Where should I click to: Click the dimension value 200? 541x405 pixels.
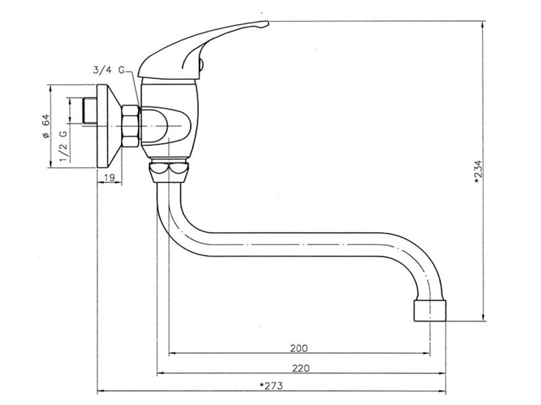(x=299, y=348)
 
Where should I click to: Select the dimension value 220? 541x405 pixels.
(x=301, y=368)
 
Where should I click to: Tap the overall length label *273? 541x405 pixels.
(x=271, y=385)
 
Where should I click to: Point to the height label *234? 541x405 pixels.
(x=477, y=172)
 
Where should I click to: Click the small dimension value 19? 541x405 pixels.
(x=109, y=178)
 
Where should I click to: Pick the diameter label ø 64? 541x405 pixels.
(x=46, y=127)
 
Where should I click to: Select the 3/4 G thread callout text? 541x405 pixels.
(x=108, y=70)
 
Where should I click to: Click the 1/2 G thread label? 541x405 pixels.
(x=64, y=146)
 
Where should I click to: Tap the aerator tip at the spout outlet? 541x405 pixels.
(x=430, y=310)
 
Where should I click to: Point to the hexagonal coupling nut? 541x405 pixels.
(x=130, y=126)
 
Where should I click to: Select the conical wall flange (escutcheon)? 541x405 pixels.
(x=108, y=126)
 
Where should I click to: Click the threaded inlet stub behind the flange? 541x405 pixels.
(x=90, y=111)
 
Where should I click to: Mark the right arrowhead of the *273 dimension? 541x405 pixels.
(x=443, y=391)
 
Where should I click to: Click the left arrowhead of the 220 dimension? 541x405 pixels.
(x=161, y=373)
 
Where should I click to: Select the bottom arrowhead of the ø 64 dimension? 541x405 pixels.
(x=50, y=164)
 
